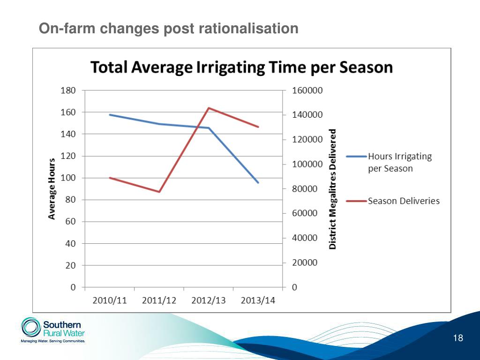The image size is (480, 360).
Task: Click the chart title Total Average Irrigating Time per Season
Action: pos(241,67)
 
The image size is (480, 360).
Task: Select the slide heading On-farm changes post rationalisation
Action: pos(168,29)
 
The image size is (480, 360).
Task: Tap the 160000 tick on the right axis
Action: pos(307,90)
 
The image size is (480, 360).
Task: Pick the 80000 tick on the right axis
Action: pos(305,189)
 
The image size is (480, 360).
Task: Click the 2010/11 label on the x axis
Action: pos(110,300)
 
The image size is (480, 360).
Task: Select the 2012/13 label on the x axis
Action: pos(209,300)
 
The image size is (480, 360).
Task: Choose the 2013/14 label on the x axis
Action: pos(258,300)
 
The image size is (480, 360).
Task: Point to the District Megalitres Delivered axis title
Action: pos(333,189)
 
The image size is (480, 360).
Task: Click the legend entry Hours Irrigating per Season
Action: pos(399,162)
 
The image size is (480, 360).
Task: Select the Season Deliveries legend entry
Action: pos(404,201)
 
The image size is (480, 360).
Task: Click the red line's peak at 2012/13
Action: pos(209,108)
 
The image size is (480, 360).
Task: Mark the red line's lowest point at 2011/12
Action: pos(159,192)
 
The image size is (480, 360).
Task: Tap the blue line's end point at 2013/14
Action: pos(258,182)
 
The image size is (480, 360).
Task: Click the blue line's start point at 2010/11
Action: pos(110,115)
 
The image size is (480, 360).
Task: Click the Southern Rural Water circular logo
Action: pos(31,328)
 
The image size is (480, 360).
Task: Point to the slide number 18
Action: pos(458,338)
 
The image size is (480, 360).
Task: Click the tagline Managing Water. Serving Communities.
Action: pos(52,341)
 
